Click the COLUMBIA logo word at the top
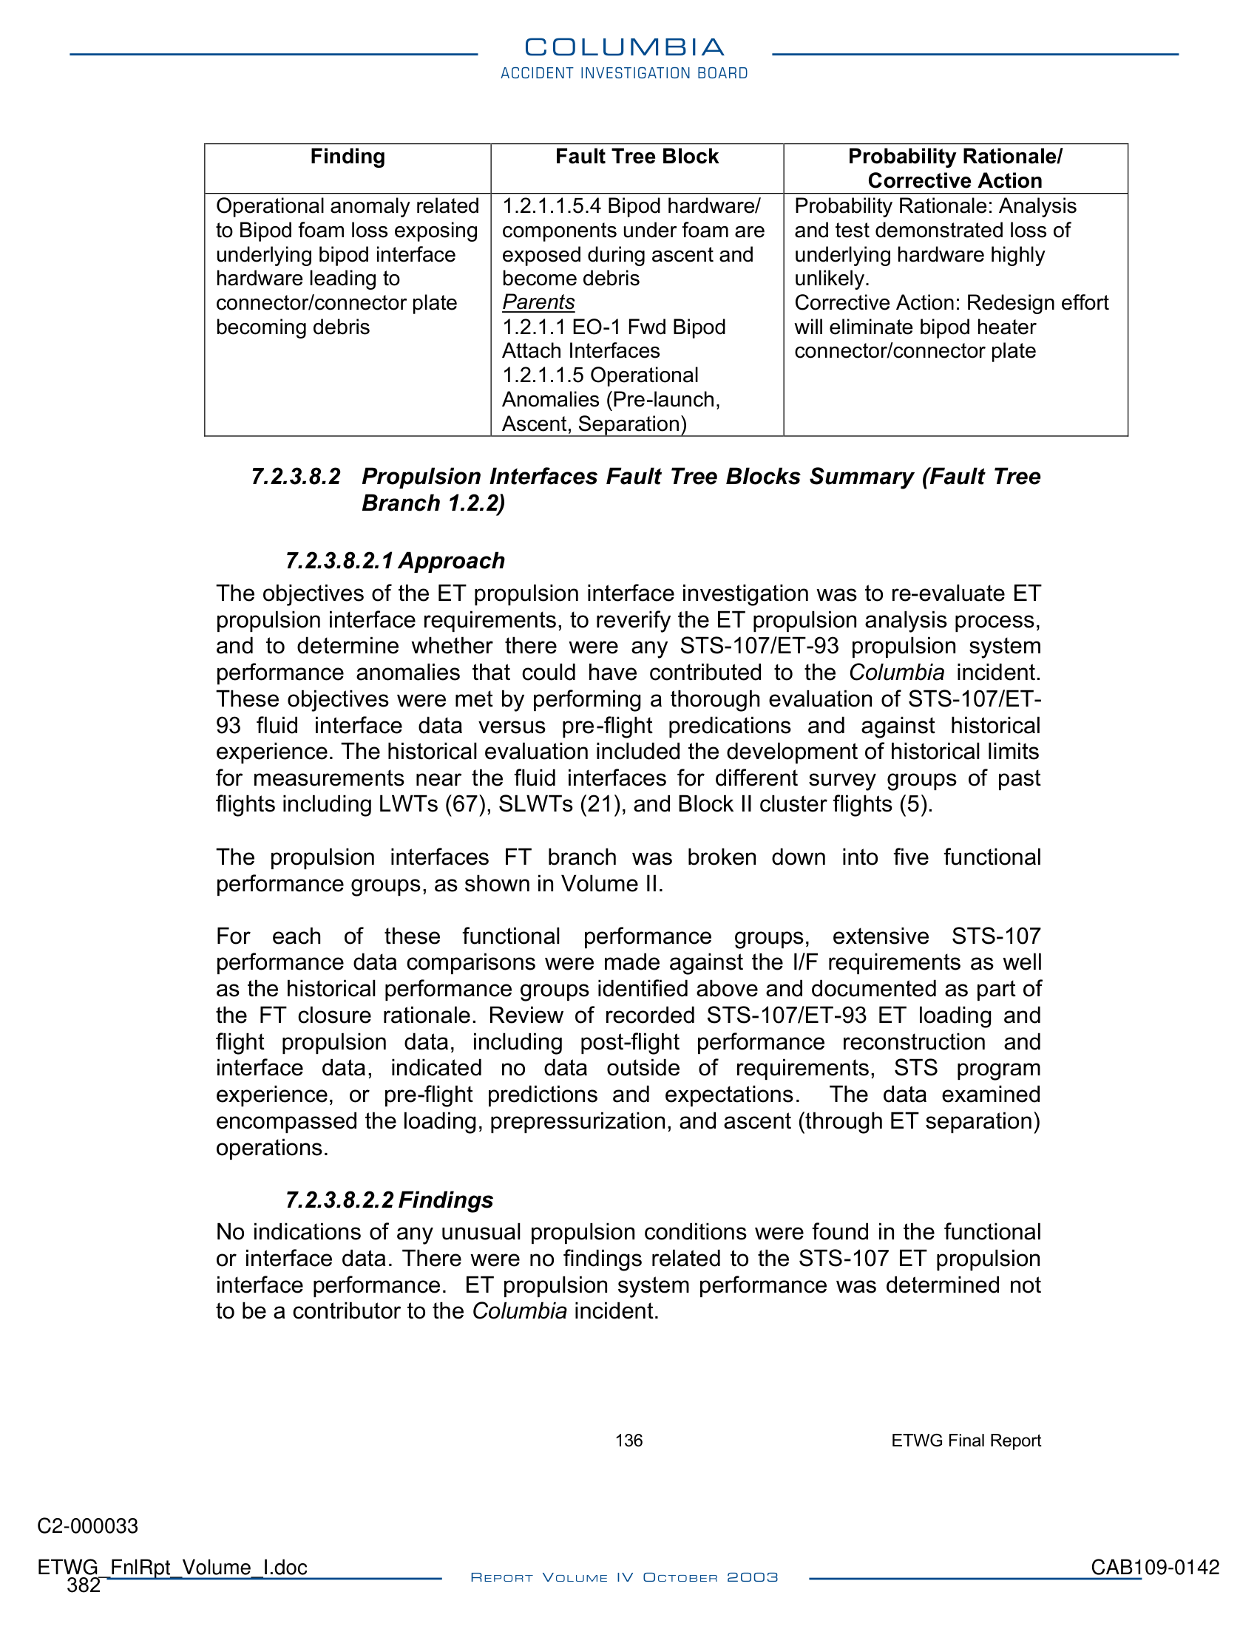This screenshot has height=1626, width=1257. click(x=624, y=47)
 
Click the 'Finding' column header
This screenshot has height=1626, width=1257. click(x=347, y=157)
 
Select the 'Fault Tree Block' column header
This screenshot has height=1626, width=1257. click(x=637, y=157)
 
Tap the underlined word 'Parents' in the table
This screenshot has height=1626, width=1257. click(x=538, y=302)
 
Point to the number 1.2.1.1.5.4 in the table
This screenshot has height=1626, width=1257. click(x=551, y=206)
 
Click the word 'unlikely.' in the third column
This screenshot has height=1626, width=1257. click(x=832, y=279)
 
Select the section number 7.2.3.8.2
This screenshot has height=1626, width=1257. click(x=296, y=477)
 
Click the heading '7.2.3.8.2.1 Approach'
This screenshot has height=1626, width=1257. click(x=395, y=561)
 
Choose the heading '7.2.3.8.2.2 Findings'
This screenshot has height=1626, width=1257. click(x=389, y=1200)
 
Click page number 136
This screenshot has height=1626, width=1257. click(x=628, y=1440)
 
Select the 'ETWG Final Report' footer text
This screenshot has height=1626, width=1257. click(x=966, y=1440)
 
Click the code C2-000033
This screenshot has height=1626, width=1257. click(x=88, y=1526)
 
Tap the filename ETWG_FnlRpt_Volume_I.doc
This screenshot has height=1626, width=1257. click(x=172, y=1567)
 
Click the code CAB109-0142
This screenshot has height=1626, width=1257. click(x=1155, y=1567)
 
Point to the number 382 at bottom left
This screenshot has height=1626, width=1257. click(x=84, y=1586)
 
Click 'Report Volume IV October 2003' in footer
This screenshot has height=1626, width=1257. click(x=624, y=1578)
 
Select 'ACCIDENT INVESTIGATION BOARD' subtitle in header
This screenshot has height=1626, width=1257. click(x=624, y=73)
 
